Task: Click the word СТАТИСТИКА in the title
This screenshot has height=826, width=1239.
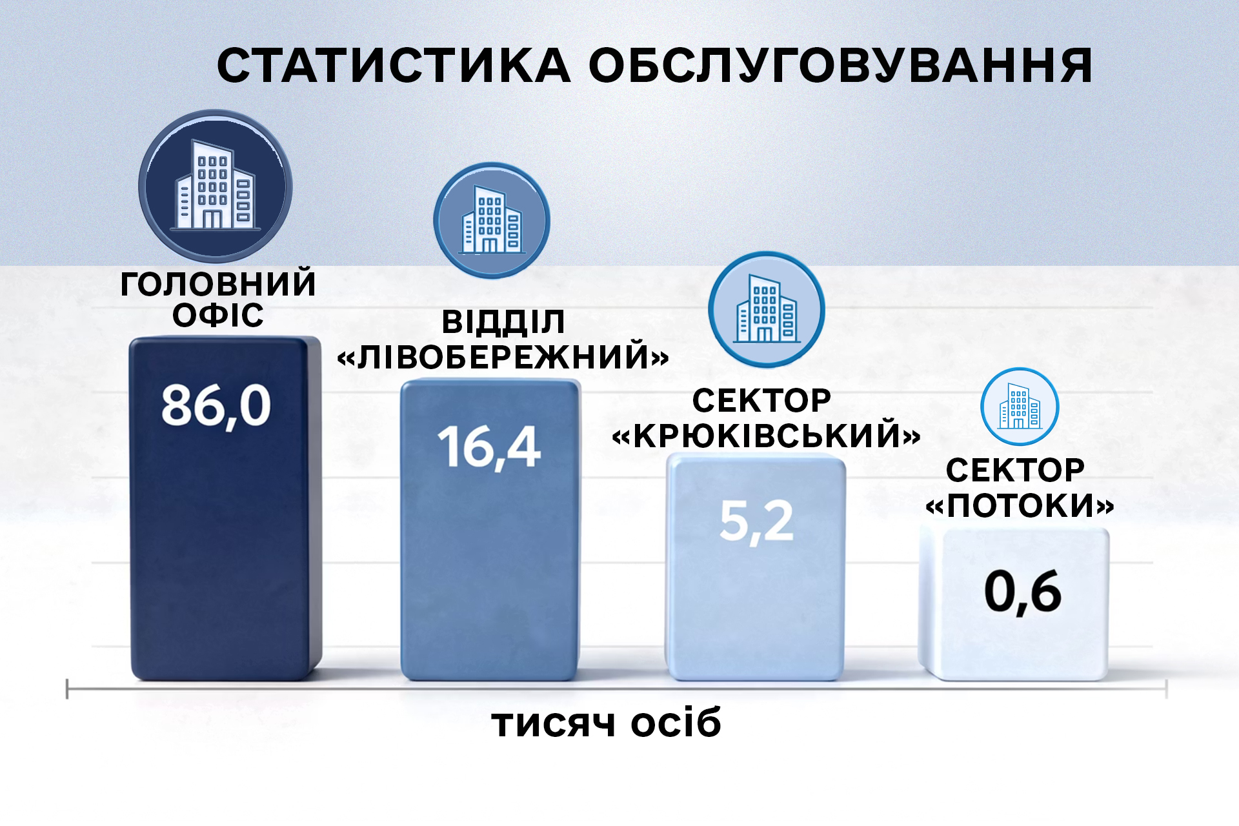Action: [394, 65]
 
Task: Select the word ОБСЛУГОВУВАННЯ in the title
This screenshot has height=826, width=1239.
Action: [840, 65]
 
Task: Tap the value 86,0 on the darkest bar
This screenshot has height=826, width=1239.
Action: [216, 406]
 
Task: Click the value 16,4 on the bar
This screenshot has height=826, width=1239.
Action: [489, 447]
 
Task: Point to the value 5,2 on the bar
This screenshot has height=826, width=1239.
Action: [756, 521]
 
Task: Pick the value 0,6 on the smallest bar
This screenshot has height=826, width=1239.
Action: [1023, 591]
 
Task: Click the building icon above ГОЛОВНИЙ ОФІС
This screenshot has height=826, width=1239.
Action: [216, 186]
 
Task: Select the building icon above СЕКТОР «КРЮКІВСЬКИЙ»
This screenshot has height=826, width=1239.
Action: [767, 310]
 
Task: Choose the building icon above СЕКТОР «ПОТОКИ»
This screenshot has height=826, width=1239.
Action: [1020, 407]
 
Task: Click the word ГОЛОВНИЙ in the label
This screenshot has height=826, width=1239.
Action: [218, 284]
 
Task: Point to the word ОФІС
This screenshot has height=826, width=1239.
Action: [218, 315]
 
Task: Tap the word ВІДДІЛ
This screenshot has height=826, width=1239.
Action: [503, 323]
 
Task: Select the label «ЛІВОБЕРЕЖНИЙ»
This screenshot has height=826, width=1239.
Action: [503, 356]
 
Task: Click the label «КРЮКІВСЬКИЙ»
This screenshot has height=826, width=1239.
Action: [766, 434]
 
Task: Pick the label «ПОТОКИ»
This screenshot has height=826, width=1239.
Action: [1020, 505]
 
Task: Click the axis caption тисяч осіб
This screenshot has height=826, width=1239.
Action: [606, 723]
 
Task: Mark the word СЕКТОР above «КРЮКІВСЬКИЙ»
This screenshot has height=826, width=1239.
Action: [761, 401]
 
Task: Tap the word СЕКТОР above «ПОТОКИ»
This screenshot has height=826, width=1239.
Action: [1015, 470]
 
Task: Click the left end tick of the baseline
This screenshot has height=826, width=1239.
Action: [67, 689]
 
